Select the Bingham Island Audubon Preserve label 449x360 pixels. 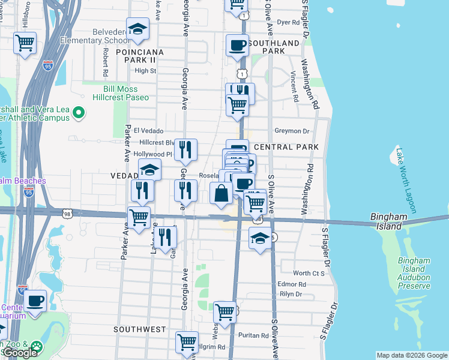414,273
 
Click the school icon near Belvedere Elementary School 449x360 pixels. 137,30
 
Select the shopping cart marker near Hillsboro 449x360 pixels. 25,43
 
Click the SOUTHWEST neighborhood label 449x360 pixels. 140,329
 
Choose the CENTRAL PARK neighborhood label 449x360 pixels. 286,147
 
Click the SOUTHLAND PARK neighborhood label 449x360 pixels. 274,47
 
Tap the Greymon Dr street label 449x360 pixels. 291,131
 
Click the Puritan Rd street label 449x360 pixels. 252,335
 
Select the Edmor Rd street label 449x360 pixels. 292,284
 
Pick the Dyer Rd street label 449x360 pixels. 288,22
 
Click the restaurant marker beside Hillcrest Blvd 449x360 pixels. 186,149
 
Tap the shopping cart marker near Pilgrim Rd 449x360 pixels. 187,343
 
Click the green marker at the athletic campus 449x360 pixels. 79,112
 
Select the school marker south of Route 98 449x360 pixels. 259,238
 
